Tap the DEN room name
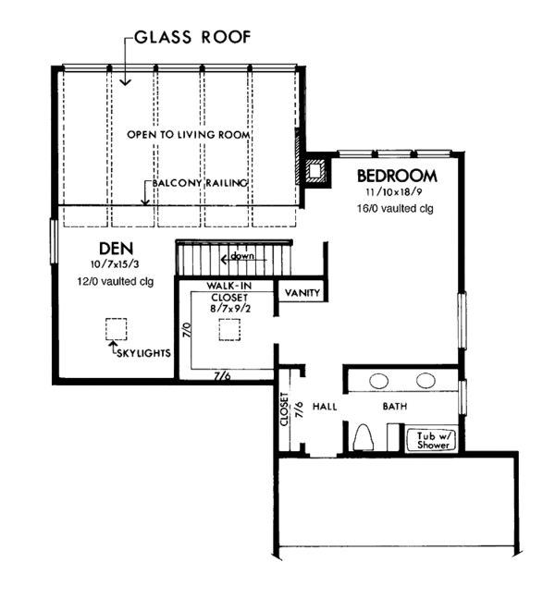(117, 249)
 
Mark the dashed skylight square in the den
(116, 329)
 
